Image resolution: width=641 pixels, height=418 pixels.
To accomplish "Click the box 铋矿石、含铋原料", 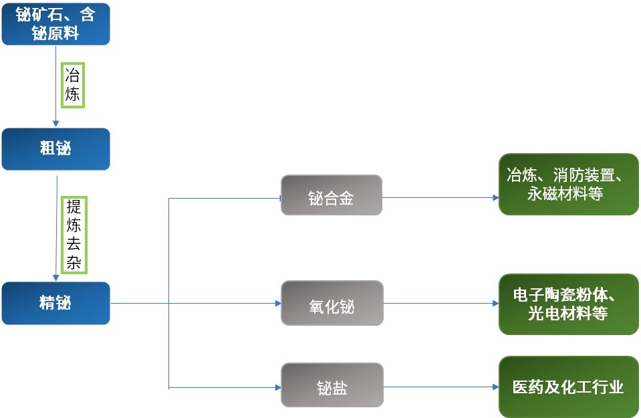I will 55,24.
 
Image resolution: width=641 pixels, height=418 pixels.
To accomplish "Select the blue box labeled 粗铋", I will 55,148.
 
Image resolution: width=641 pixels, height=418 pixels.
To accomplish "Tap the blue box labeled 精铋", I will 55,303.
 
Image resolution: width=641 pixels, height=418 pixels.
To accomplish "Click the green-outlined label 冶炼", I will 73,85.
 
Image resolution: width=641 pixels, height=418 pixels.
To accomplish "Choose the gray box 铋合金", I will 332,195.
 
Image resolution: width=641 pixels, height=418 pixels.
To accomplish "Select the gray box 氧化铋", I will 332,303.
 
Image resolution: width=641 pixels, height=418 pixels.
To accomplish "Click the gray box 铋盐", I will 332,385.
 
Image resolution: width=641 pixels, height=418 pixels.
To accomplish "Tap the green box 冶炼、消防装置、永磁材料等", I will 568,184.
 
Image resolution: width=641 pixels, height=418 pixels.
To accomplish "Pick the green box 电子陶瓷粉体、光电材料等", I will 568,304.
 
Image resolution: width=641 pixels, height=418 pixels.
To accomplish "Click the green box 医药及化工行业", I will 568,387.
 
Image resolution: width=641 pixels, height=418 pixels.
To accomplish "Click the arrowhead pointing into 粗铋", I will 56,124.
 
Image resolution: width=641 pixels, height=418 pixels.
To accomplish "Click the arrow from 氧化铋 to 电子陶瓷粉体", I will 441,303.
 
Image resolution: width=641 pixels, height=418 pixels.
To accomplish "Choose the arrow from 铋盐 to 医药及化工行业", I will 441,387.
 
